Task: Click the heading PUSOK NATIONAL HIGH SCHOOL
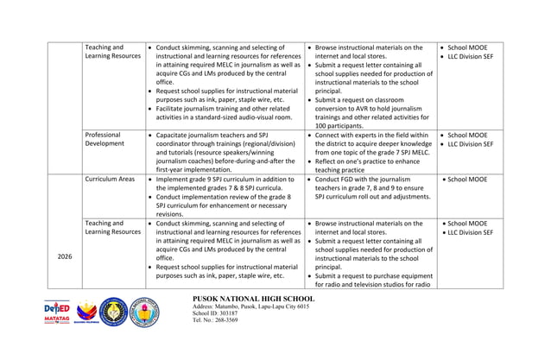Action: click(256, 299)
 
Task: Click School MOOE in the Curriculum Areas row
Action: click(469, 180)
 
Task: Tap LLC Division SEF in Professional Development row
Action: click(471, 145)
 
